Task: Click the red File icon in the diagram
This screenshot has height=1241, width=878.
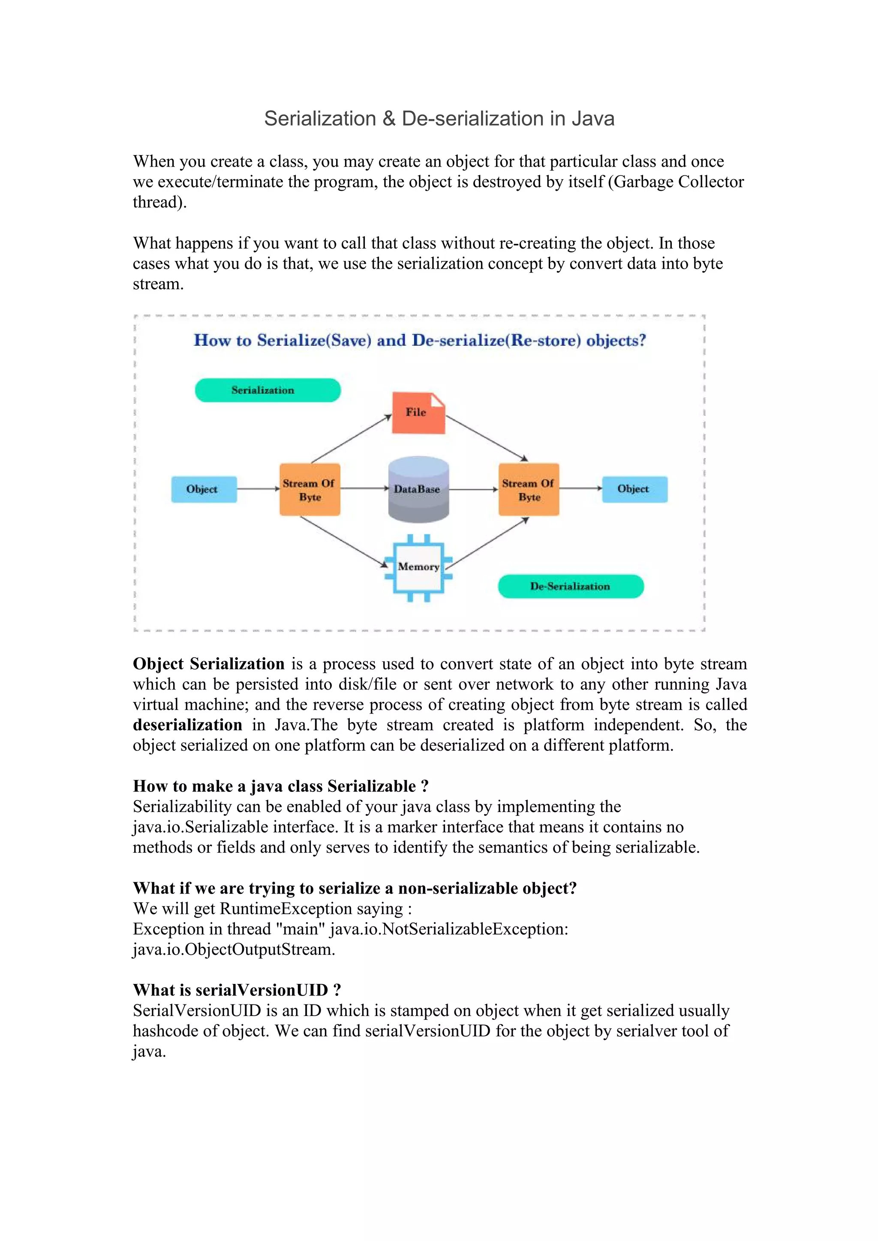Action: (418, 412)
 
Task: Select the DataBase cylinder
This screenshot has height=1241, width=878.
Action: (418, 489)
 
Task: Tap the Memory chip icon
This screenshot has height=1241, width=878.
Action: (418, 567)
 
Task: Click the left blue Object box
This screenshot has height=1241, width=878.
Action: (204, 489)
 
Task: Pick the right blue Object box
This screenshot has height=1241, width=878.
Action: (634, 489)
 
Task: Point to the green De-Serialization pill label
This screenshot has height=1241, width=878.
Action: (570, 587)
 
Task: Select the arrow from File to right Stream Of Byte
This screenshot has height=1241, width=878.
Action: (487, 438)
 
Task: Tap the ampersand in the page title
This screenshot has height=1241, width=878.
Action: (388, 119)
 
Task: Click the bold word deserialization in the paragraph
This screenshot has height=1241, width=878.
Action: (187, 725)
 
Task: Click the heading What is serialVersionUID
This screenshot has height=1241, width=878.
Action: (237, 990)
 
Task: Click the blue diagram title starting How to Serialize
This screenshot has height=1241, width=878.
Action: (420, 341)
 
